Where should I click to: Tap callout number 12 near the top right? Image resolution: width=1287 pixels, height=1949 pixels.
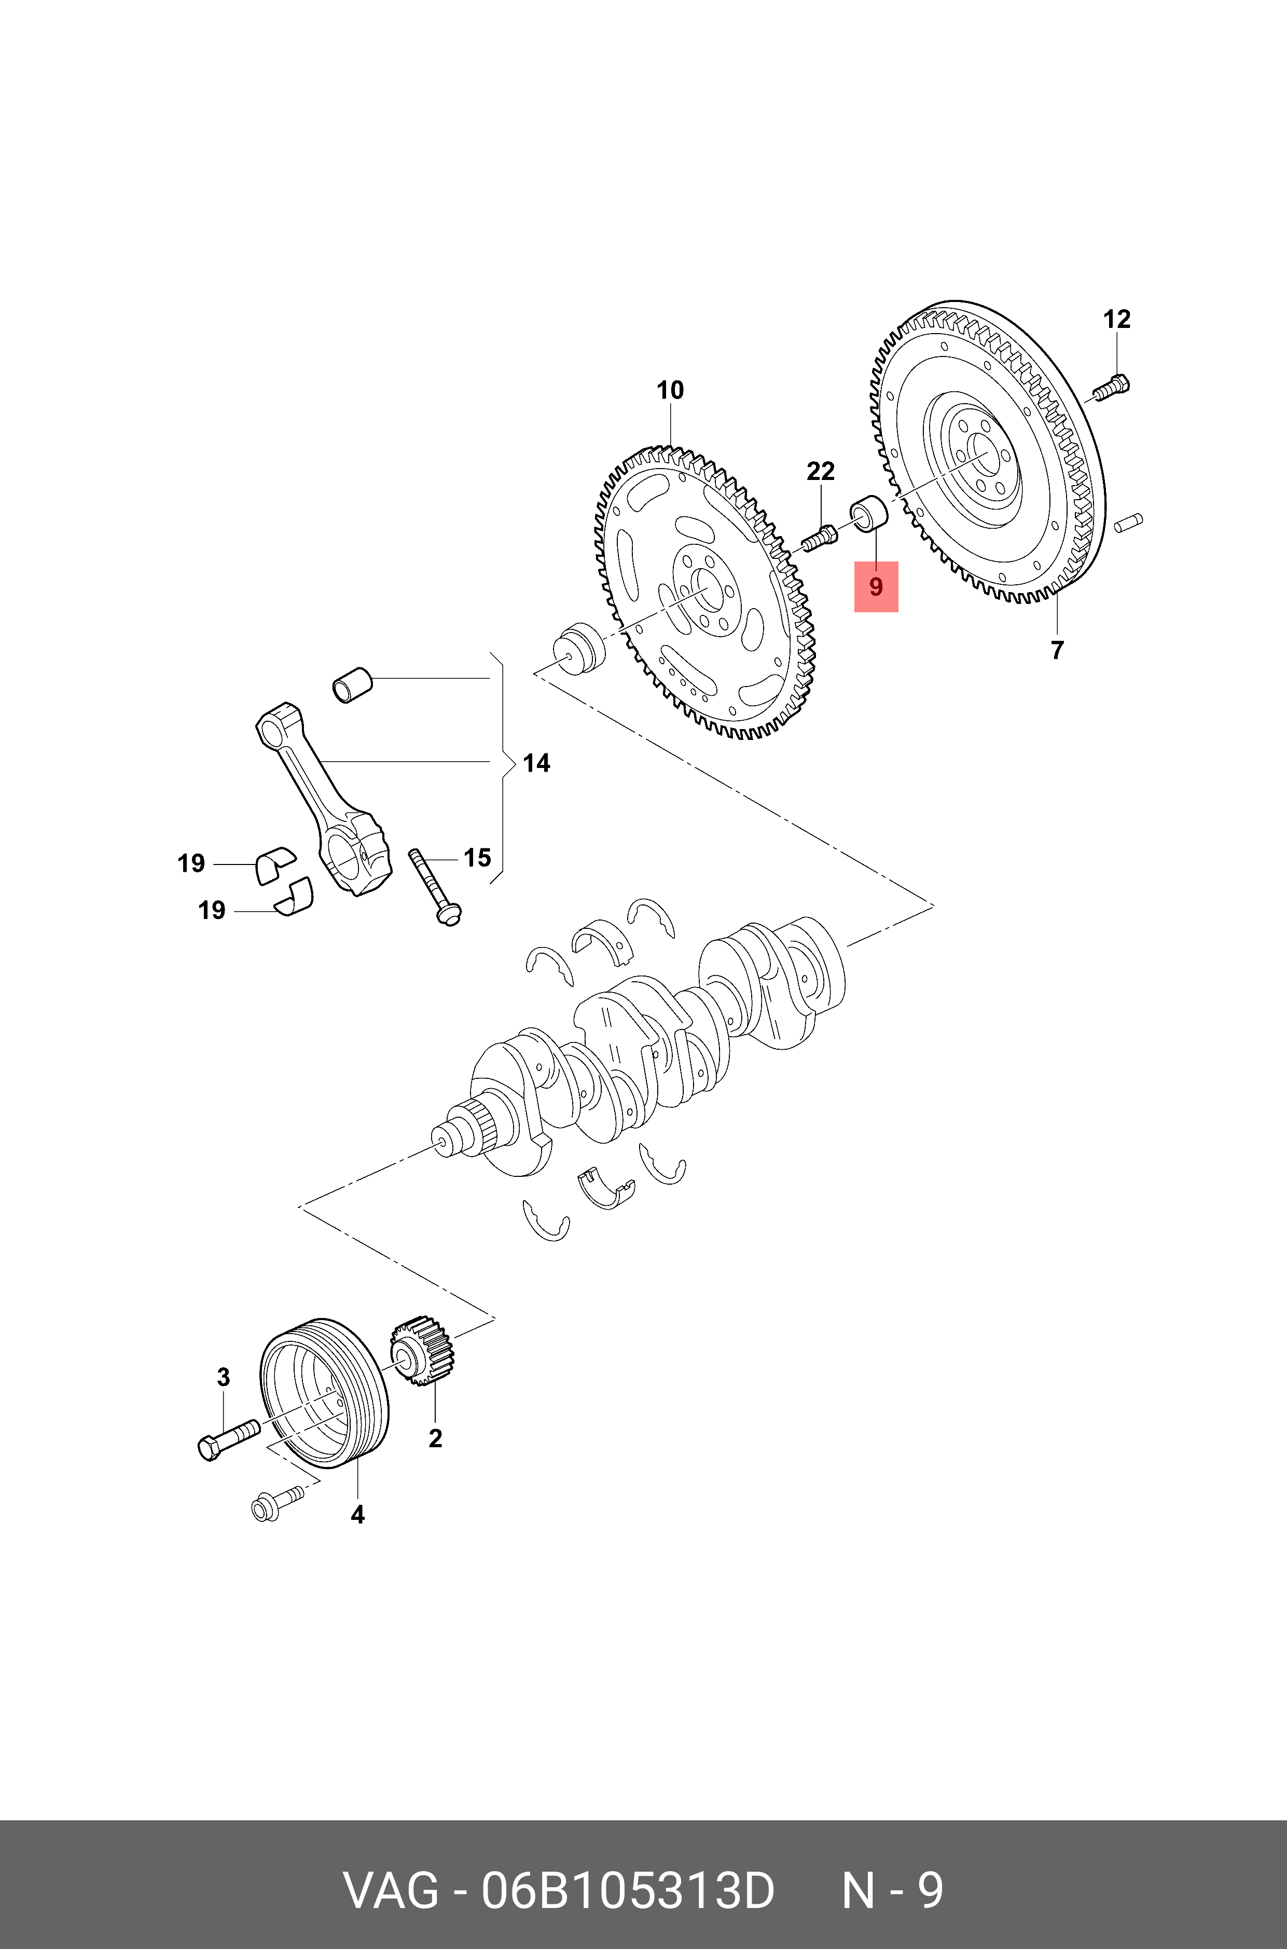coord(1116,319)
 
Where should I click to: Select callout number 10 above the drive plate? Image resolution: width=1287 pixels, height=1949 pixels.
coord(670,390)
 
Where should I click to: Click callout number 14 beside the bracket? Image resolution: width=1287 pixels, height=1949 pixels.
coord(536,763)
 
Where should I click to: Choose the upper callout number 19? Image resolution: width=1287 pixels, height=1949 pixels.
coord(191,863)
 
